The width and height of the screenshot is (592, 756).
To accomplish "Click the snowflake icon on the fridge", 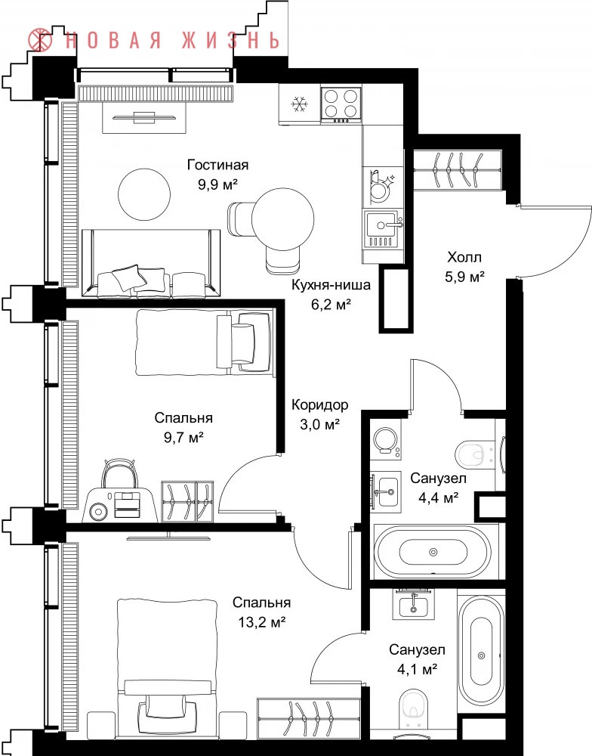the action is [x=299, y=104].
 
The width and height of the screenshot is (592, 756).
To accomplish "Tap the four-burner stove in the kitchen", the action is [x=341, y=104].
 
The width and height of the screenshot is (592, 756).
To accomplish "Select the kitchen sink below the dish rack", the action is [x=381, y=230].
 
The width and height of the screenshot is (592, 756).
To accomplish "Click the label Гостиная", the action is [x=218, y=165].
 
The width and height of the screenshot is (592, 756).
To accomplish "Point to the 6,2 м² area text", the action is [x=331, y=304].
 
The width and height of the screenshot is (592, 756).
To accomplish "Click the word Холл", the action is [x=464, y=257].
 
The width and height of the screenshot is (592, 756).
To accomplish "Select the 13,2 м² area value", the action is [x=262, y=622].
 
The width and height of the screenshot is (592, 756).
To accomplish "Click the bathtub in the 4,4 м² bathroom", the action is [x=433, y=552].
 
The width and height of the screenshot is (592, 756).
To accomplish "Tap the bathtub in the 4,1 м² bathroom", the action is [x=481, y=655].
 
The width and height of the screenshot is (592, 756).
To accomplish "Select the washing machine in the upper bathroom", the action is [x=386, y=440].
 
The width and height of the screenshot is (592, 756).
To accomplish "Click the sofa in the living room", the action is [x=151, y=263].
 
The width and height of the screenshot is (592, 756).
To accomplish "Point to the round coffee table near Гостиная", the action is [x=144, y=194].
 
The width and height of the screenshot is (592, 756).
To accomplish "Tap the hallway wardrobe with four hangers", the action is [x=458, y=169].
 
